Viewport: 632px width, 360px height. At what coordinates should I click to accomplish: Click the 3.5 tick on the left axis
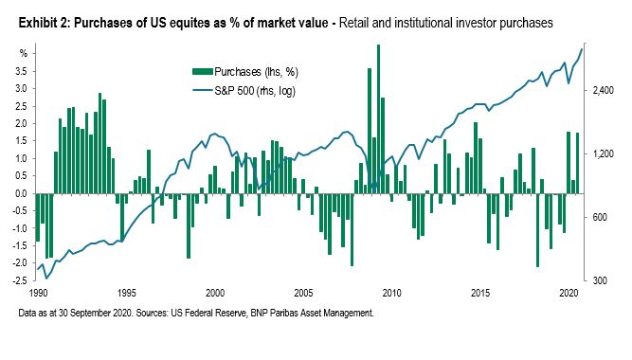pos(21,71)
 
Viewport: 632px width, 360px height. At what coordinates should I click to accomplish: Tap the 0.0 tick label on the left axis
pos(21,193)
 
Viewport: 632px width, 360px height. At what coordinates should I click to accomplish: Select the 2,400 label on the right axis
pos(603,90)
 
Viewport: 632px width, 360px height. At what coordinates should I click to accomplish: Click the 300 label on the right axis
pos(600,280)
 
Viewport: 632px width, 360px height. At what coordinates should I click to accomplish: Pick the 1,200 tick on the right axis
pos(603,154)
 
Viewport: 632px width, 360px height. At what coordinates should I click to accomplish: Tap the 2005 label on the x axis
pos(303,293)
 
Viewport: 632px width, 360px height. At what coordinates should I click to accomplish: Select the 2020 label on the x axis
pos(569,293)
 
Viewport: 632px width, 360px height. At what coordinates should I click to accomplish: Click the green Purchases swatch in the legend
pos(203,72)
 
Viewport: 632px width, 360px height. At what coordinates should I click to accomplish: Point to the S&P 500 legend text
pos(255,91)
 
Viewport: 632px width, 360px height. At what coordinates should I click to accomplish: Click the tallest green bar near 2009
pos(378,119)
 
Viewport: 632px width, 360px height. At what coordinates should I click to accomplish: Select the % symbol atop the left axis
pos(24,54)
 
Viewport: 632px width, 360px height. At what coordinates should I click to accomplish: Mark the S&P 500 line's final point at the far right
pos(582,48)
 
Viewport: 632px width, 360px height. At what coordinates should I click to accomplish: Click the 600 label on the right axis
pos(600,217)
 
